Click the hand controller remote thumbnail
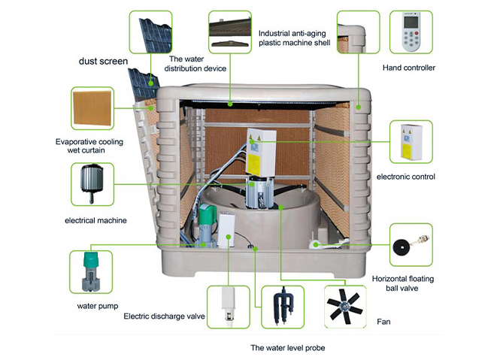coord(411,32)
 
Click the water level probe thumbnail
coord(283,307)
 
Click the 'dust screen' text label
coord(103,61)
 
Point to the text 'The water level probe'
coord(288,348)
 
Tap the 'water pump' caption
coord(95,306)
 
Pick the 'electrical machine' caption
coord(95,220)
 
